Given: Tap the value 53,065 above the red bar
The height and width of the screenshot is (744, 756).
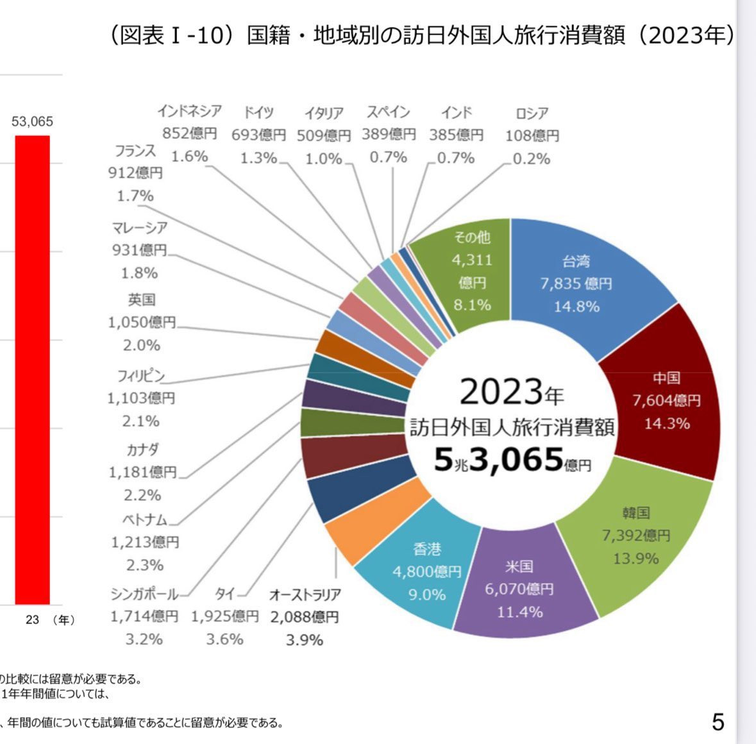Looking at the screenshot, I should coord(32,122).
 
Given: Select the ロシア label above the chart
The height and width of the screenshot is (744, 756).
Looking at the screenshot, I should coord(532,114).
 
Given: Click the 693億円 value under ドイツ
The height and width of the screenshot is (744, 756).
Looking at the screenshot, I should coord(259,135).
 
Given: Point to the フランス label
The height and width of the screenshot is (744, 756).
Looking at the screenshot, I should coord(135,151).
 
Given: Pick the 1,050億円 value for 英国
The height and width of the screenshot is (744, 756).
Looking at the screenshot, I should coord(142,322).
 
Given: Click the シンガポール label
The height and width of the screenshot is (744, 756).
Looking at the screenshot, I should coord(144,594).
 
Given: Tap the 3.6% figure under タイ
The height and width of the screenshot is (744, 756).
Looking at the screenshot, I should coord(224,639).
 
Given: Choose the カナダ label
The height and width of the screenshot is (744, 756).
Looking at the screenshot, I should coord(142,449).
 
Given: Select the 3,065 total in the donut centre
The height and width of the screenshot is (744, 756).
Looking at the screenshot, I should coord(516,459).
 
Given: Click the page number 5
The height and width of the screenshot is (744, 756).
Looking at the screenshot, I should coord(718,722).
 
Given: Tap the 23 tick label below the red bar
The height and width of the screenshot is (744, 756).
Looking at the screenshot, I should coord(33,620).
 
